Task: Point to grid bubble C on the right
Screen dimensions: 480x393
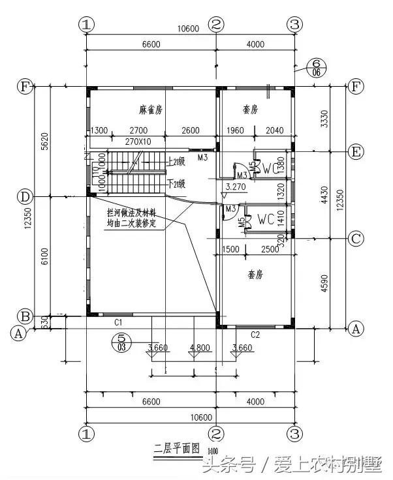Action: pyautogui.click(x=356, y=239)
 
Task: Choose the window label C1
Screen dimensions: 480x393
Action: pyautogui.click(x=119, y=322)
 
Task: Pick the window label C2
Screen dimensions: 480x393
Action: pyautogui.click(x=255, y=335)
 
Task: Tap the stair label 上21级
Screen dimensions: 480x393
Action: pyautogui.click(x=178, y=160)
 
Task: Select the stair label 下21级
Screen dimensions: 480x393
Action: pyautogui.click(x=178, y=184)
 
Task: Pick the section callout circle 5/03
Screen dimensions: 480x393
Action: pyautogui.click(x=120, y=341)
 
